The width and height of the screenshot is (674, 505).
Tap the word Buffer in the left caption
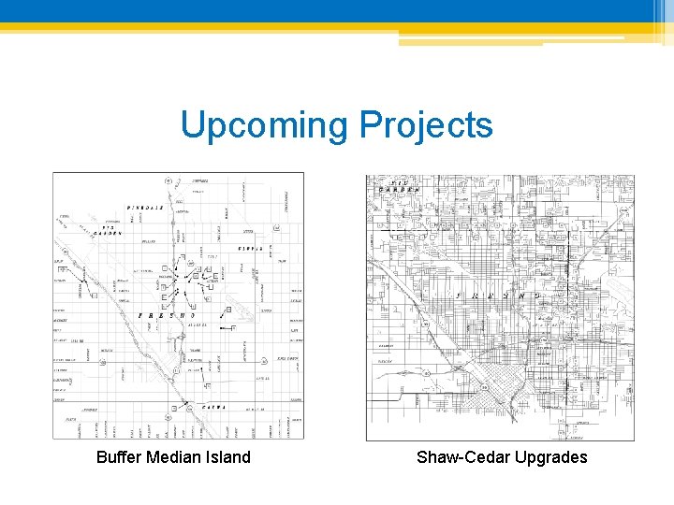[120, 457]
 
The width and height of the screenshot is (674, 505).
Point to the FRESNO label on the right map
[496, 296]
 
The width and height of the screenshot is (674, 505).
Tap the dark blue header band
[337, 10]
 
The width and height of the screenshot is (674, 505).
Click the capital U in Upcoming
[191, 124]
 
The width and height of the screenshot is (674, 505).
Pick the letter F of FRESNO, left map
[141, 316]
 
